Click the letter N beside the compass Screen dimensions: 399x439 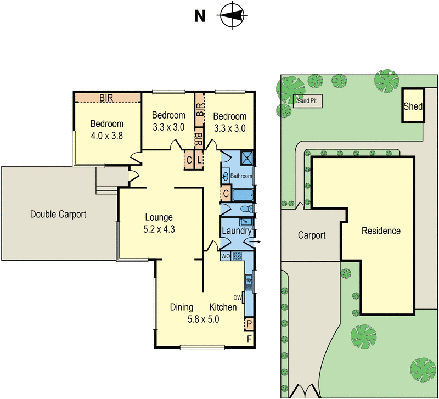pos(200,16)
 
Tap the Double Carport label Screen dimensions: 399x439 pos(58,215)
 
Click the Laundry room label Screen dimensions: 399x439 pos(236,232)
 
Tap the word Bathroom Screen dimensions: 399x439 pos(241,176)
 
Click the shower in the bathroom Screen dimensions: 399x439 pos(245,158)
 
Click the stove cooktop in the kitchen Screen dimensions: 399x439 pos(238,256)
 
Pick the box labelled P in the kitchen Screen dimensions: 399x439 pos(249,324)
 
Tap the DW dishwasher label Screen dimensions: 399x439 pos(237,297)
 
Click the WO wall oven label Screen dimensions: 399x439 pos(225,256)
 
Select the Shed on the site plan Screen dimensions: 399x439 pos(413,106)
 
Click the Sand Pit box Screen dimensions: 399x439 pos(308,100)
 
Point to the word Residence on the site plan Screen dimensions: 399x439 pos(381,231)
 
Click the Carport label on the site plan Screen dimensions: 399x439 pos(312,235)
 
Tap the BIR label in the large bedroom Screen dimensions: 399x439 pos(107,98)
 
